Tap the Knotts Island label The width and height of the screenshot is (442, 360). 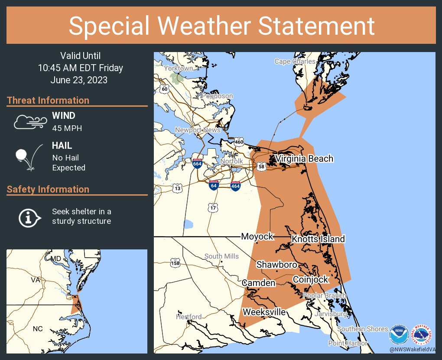pos(318,239)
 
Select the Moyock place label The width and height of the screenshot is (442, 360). pos(257,236)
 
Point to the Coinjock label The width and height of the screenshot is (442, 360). pos(311,280)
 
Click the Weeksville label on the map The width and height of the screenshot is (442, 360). pos(264,312)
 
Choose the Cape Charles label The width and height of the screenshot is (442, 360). pos(295,62)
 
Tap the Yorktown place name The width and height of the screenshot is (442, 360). pos(178,69)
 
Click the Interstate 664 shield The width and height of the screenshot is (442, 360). pos(197,164)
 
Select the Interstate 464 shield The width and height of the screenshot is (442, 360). pos(235,185)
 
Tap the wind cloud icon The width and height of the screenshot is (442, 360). pos(29,122)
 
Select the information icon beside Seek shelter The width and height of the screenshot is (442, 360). pos(29,217)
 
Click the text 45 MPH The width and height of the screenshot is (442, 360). pos(67,128)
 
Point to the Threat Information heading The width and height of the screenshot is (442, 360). pos(48,101)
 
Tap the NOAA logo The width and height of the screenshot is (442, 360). pos(398,335)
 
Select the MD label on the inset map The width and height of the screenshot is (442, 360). pos(56,259)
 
